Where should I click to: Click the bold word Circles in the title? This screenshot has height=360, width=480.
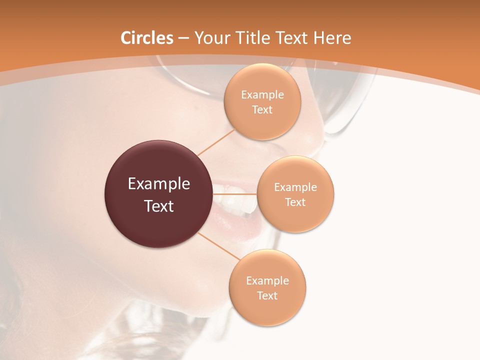click(147, 37)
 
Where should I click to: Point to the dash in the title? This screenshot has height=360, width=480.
click(183, 38)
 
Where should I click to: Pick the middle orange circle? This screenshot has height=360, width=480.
click(295, 217)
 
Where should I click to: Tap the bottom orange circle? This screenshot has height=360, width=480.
click(267, 310)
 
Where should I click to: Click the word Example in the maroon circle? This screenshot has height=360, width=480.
click(159, 184)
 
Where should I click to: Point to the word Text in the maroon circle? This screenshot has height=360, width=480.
click(159, 206)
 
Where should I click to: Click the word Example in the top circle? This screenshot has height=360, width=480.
click(262, 95)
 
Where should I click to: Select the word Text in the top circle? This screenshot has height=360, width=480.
click(262, 110)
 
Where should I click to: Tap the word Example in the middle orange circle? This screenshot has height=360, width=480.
click(295, 187)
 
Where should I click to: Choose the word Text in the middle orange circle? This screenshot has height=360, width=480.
click(295, 202)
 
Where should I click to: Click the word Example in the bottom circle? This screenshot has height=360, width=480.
click(267, 281)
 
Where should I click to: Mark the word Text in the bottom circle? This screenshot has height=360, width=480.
click(267, 296)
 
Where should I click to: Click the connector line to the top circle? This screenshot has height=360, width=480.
click(216, 142)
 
